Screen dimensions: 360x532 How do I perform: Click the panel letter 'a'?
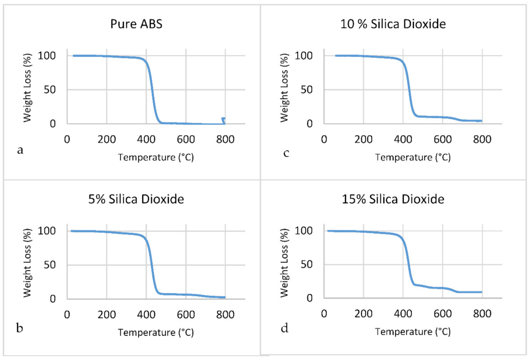tap(19, 150)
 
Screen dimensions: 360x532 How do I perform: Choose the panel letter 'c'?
tap(286, 152)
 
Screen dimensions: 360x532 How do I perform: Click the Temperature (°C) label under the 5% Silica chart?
tap(156, 333)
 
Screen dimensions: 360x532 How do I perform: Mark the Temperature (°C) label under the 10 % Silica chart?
tap(413, 158)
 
